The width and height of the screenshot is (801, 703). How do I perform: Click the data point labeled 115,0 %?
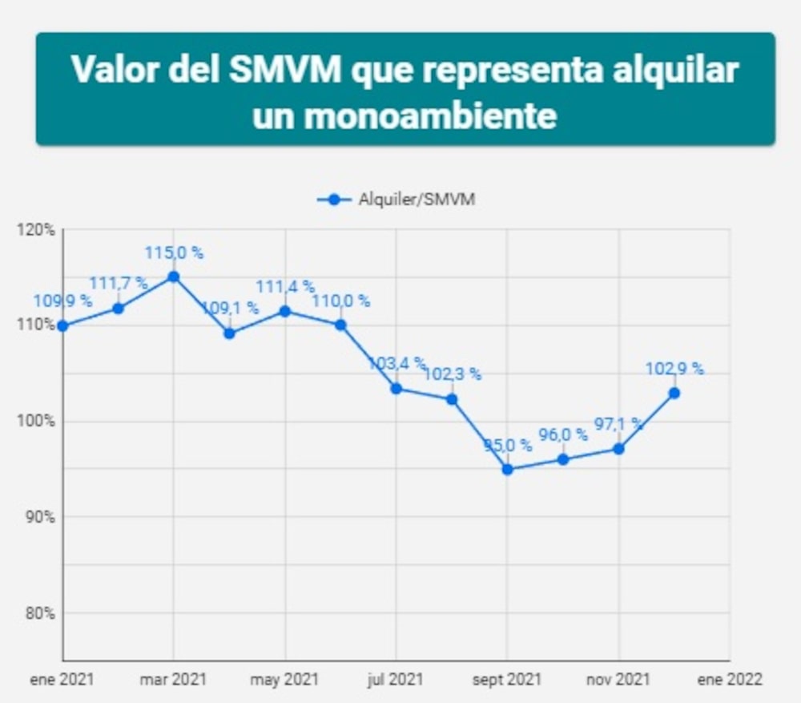coord(173,277)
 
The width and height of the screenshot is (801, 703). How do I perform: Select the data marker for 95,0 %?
coord(507,469)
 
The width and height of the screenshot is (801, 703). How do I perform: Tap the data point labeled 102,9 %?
coord(674,393)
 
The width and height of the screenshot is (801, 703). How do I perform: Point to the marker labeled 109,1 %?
coord(229,333)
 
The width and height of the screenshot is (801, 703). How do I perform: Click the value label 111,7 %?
coord(119,282)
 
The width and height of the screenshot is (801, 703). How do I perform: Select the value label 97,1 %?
coord(617,422)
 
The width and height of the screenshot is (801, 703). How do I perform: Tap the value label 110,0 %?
coord(341,301)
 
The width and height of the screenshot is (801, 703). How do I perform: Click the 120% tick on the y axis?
coord(35,230)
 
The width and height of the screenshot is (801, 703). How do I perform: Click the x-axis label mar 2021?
coord(173,680)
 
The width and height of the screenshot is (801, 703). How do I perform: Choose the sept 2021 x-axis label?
coord(506,680)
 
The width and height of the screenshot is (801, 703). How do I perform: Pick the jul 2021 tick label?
coord(396,680)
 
